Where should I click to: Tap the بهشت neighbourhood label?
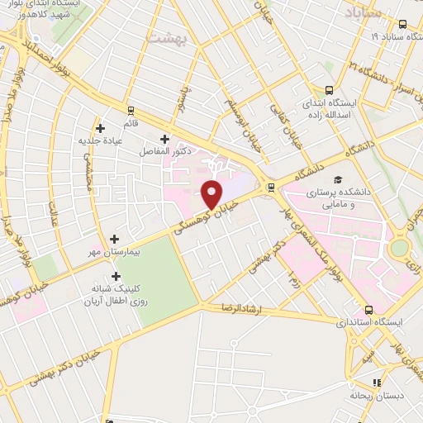(x=167, y=37)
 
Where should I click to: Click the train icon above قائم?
(x=131, y=110)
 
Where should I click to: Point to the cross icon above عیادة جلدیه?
(x=101, y=128)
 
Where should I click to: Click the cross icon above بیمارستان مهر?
(x=114, y=238)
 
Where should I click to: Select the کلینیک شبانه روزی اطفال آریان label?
(x=116, y=296)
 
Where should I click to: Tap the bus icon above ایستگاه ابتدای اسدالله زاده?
(x=329, y=92)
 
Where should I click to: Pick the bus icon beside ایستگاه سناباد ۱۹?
(x=402, y=25)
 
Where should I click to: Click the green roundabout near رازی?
(x=401, y=246)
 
